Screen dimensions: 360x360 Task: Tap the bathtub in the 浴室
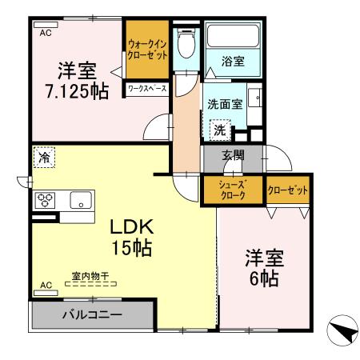pos(234,36)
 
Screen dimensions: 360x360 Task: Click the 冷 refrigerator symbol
pos(43,158)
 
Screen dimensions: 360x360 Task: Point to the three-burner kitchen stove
pos(44,200)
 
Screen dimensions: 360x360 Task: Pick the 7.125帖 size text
pos(77,91)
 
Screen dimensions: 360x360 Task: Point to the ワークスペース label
pos(147,89)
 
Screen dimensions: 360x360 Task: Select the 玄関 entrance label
pos(233,156)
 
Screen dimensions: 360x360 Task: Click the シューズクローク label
pos(232,190)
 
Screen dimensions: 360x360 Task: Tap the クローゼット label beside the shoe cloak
pos(287,190)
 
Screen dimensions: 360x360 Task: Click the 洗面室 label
pos(224,104)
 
